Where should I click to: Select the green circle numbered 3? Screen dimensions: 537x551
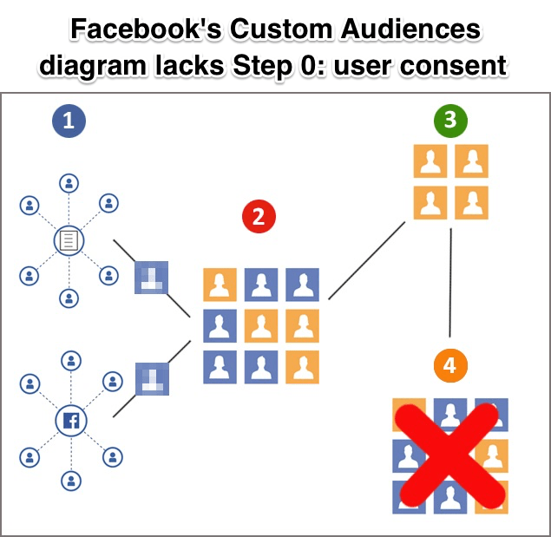point(450,121)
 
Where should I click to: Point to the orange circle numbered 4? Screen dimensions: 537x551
point(449,366)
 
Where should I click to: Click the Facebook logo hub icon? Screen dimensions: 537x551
point(69,422)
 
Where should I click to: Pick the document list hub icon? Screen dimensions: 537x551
point(69,240)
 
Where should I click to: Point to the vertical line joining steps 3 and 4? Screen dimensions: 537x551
point(450,282)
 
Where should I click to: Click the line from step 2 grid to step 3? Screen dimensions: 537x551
point(367,260)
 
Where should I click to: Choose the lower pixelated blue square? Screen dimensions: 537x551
point(151,380)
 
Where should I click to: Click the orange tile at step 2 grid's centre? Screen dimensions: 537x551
point(261,325)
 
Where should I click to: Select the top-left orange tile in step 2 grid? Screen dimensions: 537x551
point(220,285)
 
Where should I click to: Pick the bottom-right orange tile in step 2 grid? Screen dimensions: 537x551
point(302,366)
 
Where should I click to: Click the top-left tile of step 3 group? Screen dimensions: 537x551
point(430,161)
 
